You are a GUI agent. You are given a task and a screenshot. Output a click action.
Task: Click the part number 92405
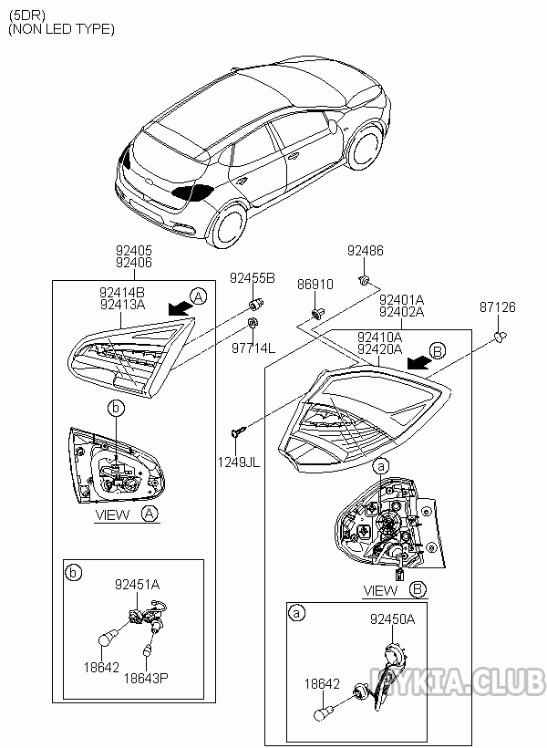(133, 249)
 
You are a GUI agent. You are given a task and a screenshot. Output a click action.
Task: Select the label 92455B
(251, 279)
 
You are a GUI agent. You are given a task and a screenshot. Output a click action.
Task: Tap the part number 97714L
(252, 348)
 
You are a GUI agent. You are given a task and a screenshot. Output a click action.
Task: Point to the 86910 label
(315, 285)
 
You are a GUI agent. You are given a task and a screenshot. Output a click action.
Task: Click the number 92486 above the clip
(365, 250)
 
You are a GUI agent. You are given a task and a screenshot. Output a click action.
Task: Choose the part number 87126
(497, 308)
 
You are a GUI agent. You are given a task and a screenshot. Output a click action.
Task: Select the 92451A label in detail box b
(137, 584)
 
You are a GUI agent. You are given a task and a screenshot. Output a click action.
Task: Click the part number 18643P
(147, 679)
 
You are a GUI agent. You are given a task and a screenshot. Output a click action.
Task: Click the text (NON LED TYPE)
(61, 29)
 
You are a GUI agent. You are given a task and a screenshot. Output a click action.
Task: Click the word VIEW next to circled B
(380, 590)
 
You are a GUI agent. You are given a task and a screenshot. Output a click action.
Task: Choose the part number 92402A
(402, 311)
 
